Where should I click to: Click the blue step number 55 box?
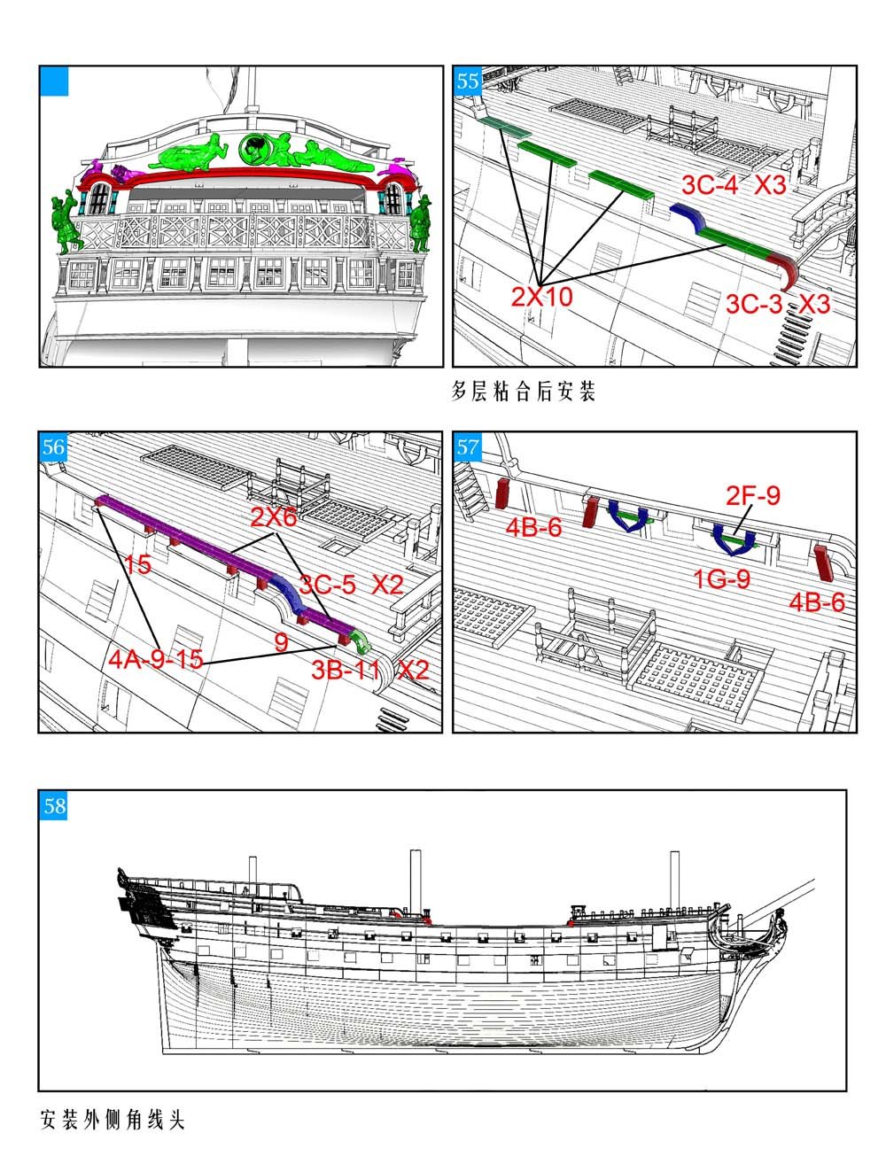pyautogui.click(x=467, y=81)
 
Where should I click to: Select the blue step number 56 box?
pyautogui.click(x=53, y=446)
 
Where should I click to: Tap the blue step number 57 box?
pyautogui.click(x=467, y=446)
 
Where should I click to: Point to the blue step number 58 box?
pyautogui.click(x=54, y=806)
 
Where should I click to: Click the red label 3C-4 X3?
pyautogui.click(x=734, y=185)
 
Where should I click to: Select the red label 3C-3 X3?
pyautogui.click(x=777, y=304)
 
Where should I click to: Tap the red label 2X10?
pyautogui.click(x=542, y=296)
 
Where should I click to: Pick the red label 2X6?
pyautogui.click(x=274, y=517)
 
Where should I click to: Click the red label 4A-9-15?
pyautogui.click(x=156, y=659)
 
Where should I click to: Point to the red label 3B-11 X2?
pyautogui.click(x=369, y=671)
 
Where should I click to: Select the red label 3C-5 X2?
pyautogui.click(x=351, y=585)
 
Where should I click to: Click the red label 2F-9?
pyautogui.click(x=753, y=495)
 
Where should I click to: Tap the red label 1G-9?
pyautogui.click(x=722, y=578)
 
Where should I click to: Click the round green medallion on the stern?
pyautogui.click(x=254, y=149)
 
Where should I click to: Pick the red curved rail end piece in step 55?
pyautogui.click(x=785, y=270)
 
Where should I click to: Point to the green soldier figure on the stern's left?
pyautogui.click(x=66, y=222)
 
